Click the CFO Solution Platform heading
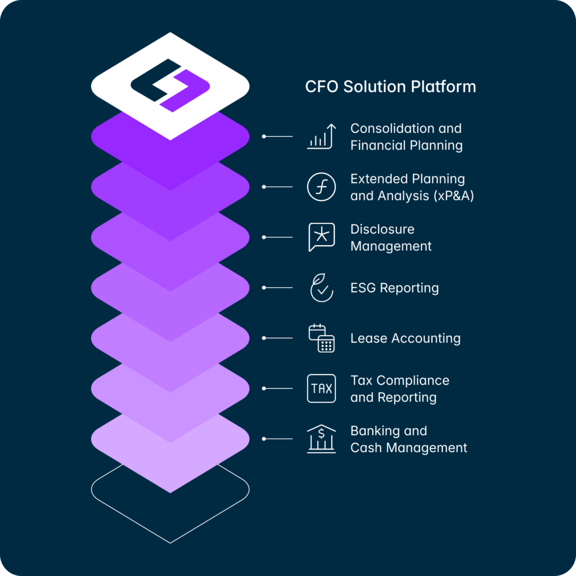[x=390, y=87]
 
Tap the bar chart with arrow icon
[x=321, y=136]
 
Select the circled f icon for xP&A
[x=321, y=187]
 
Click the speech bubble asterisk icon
[x=321, y=237]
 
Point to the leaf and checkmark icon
[x=321, y=287]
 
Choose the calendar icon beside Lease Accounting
[x=321, y=338]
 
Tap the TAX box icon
[x=321, y=388]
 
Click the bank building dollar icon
[x=321, y=439]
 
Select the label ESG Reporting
[x=394, y=288]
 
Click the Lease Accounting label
[x=406, y=338]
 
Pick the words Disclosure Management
[x=391, y=238]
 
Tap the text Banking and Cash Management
[x=408, y=439]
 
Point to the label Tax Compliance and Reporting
[x=400, y=389]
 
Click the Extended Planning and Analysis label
[x=412, y=187]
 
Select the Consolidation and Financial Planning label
[x=406, y=137]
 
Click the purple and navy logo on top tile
[x=170, y=85]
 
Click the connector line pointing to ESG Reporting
[x=277, y=287]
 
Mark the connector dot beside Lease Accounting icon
[x=264, y=338]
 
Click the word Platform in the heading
[x=443, y=87]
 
